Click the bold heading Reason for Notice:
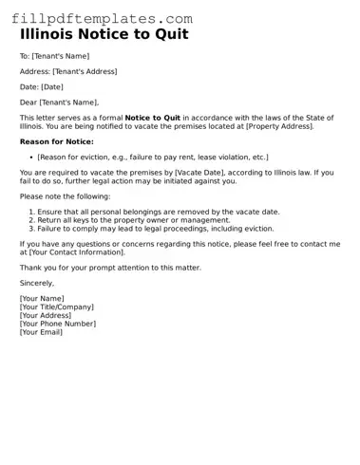56,140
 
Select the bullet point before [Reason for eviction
31,157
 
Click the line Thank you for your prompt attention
110,268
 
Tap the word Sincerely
37,283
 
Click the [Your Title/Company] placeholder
57,307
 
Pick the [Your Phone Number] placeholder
58,324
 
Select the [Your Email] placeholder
41,332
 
